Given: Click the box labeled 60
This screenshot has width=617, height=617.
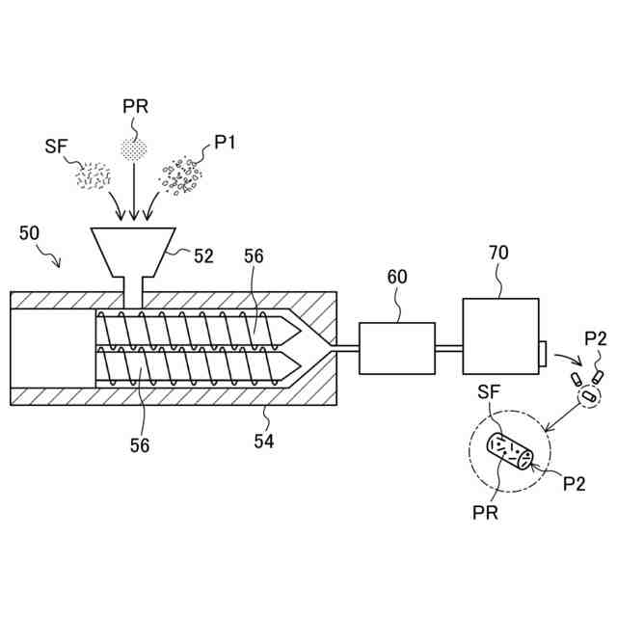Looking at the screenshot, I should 396,348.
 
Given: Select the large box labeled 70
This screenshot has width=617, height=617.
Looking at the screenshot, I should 500,337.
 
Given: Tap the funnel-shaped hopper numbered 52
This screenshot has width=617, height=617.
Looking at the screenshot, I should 132,252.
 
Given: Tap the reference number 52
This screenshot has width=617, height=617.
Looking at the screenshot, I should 204,255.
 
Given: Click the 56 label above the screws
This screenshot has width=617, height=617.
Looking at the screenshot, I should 253,256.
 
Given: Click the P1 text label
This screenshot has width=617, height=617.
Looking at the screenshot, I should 225,143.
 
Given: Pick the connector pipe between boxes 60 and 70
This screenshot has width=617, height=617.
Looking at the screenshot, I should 448,348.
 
